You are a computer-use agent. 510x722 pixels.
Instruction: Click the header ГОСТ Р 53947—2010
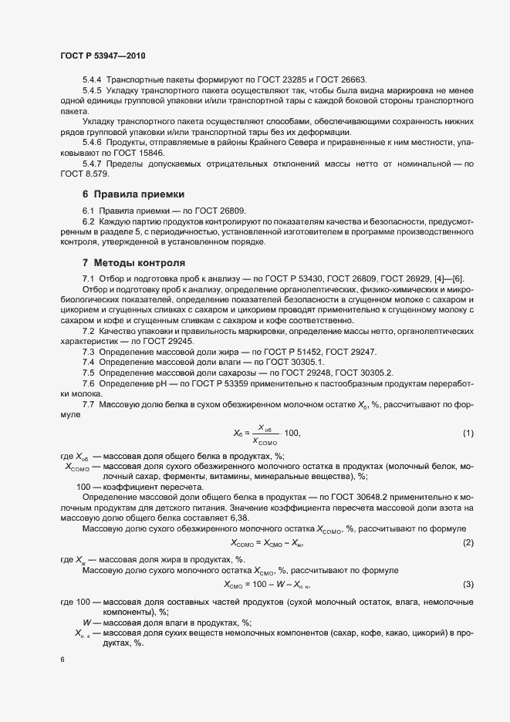tap(102, 56)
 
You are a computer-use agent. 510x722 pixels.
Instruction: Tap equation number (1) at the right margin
tap(468, 434)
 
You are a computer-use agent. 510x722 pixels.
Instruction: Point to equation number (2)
tap(468, 544)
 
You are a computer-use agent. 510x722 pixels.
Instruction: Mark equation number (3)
tap(468, 585)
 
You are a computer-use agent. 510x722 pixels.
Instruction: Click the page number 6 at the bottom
tap(62, 660)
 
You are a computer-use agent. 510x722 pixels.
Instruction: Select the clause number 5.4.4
tap(92, 80)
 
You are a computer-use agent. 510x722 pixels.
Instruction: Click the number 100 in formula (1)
tap(287, 434)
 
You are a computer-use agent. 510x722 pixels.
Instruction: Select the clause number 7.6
tap(88, 383)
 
